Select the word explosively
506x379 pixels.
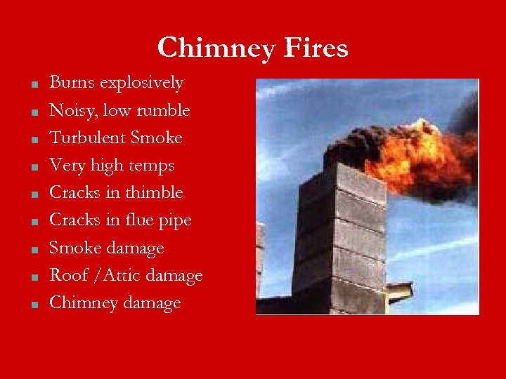tap(141, 84)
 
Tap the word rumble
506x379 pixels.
tap(164, 110)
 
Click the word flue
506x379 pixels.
tap(139, 220)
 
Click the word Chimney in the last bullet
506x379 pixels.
tap(79, 302)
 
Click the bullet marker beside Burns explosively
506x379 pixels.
tap(33, 86)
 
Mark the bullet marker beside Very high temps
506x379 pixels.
tap(33, 168)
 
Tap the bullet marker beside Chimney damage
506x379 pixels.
tap(33, 306)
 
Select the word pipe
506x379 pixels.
tap(176, 221)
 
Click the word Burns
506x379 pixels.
tap(72, 83)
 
